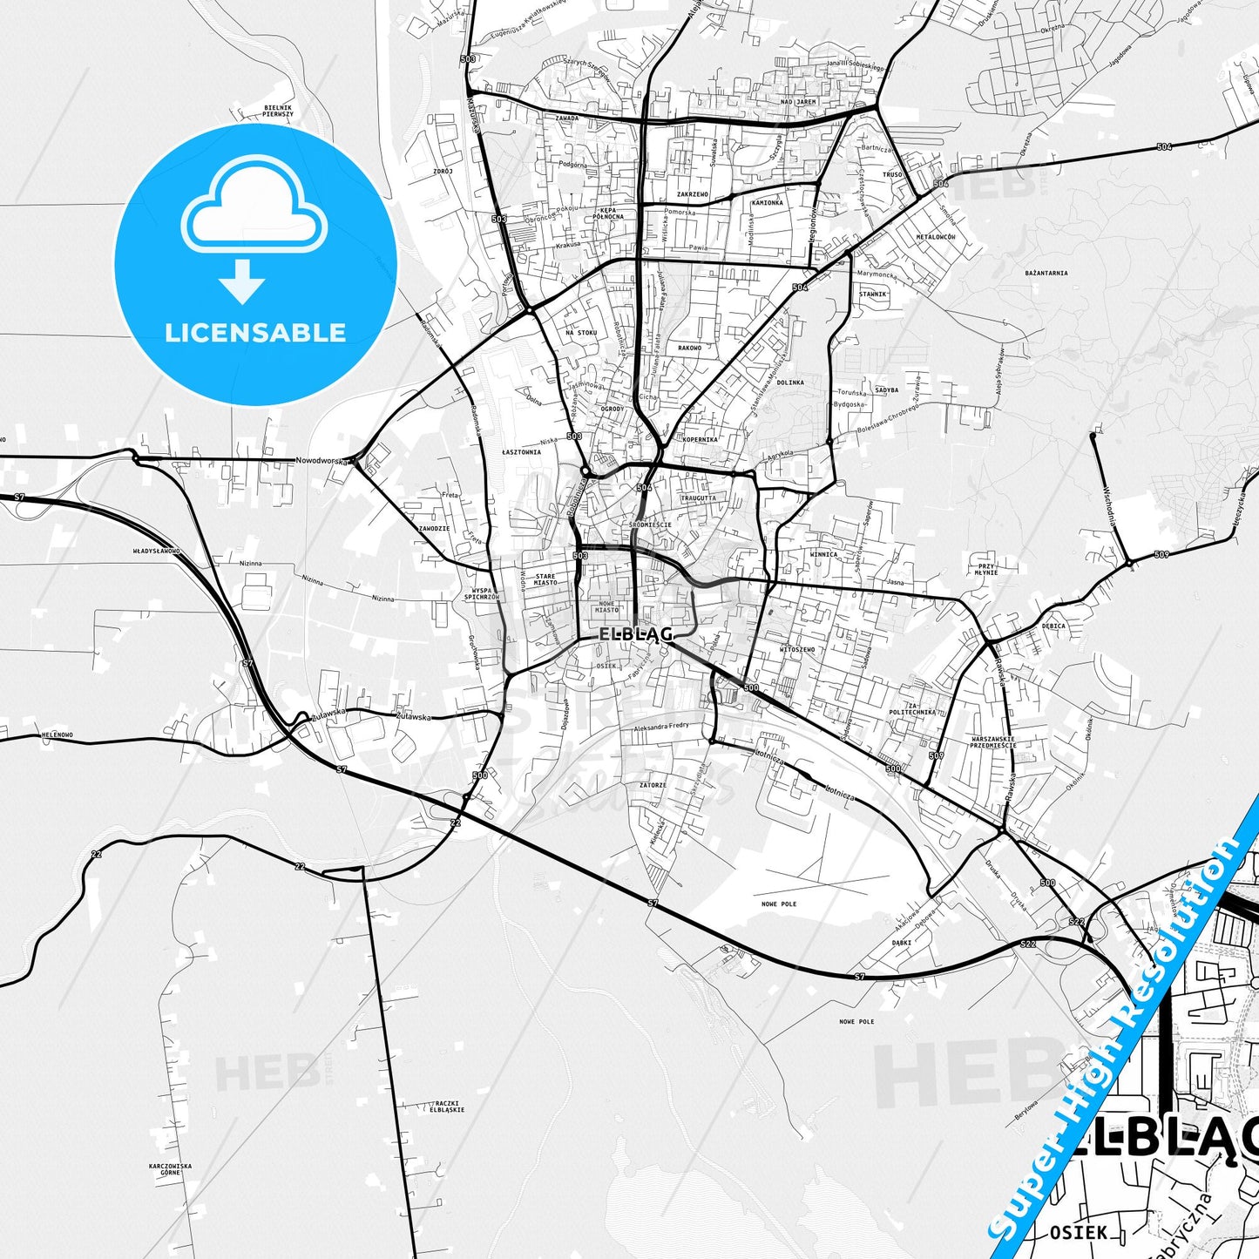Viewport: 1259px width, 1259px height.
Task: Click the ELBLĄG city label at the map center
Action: tap(635, 634)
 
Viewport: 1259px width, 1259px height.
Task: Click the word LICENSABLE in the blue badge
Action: tap(255, 333)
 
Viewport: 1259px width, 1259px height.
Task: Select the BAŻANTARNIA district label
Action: tap(1046, 273)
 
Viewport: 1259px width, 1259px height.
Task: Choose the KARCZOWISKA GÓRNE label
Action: tap(170, 1169)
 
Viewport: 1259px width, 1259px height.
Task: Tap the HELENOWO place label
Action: tap(58, 735)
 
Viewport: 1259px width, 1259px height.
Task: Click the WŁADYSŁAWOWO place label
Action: tap(156, 552)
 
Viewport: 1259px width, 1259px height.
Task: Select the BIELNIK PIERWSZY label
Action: tap(278, 111)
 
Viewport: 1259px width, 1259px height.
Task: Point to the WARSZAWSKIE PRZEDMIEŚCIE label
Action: tap(993, 742)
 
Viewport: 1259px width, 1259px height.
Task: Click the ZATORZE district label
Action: tap(653, 785)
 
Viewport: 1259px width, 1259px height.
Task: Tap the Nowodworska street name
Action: tap(322, 460)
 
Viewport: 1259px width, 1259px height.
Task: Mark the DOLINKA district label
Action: tap(790, 382)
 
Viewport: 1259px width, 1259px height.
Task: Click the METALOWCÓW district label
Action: tap(936, 237)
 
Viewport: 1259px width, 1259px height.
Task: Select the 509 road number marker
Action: tap(1161, 555)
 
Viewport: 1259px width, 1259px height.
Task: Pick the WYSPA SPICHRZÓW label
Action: tap(481, 593)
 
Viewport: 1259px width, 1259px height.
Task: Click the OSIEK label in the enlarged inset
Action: tap(1079, 1232)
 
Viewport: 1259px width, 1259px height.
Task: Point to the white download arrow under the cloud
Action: tap(242, 281)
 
